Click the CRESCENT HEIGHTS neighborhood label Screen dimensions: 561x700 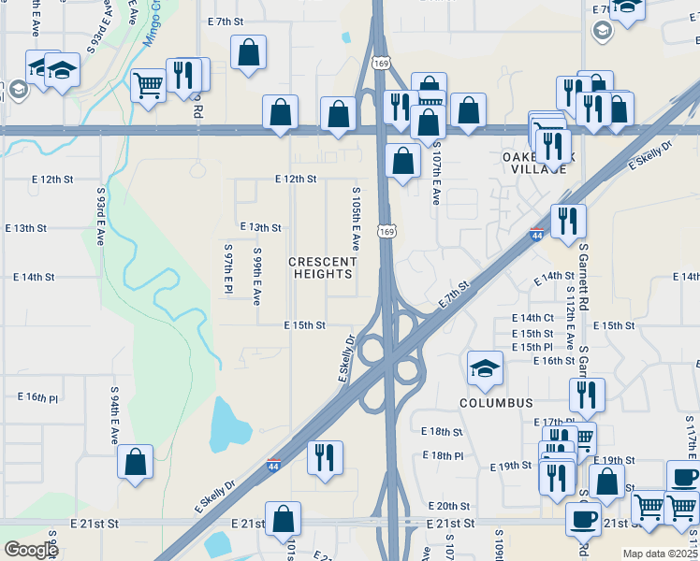pos(320,267)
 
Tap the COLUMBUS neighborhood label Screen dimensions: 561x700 pos(496,403)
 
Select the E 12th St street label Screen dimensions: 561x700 pos(296,179)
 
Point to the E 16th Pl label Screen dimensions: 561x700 pos(37,397)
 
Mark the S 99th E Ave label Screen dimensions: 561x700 pos(256,277)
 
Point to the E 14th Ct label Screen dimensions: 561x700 pos(532,318)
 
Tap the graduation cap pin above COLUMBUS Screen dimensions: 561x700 pos(486,368)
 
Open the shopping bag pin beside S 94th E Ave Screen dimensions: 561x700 pos(136,461)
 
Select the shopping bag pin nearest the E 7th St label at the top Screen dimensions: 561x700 pos(249,52)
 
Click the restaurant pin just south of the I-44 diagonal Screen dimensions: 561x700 pos(326,458)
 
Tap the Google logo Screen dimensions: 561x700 pos(31,550)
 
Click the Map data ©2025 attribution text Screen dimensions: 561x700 pos(660,554)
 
